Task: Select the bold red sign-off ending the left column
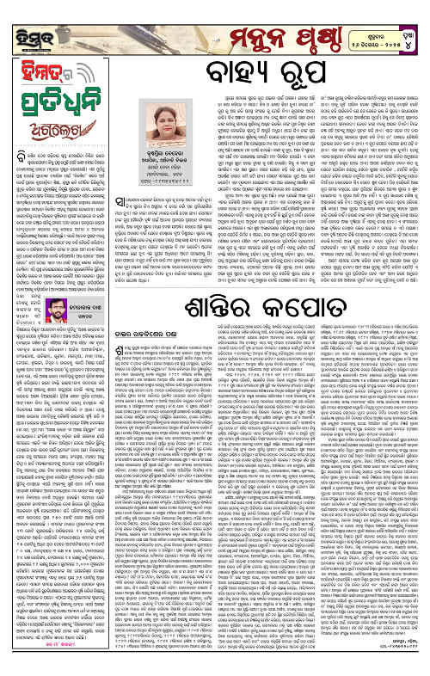tap(56, 661)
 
